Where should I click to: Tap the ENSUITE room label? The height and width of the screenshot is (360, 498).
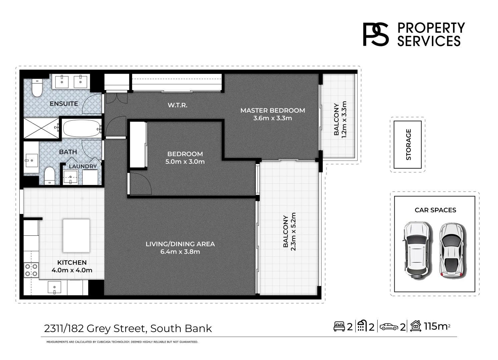click(64, 104)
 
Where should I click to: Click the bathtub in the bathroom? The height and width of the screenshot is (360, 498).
click(82, 128)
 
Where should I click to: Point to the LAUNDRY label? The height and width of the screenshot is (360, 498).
click(83, 166)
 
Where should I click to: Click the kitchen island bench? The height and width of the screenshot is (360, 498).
click(76, 235)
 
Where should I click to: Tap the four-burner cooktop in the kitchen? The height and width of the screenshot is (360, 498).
click(31, 270)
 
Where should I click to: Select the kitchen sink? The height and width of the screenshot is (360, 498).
click(54, 287)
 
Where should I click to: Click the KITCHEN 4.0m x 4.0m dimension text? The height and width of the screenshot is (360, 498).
click(72, 266)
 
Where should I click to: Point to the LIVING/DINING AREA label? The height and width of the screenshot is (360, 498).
click(180, 248)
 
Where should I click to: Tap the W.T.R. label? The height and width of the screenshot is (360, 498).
click(177, 105)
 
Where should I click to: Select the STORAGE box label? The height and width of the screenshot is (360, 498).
click(408, 145)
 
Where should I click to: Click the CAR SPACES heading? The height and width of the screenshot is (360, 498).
click(435, 210)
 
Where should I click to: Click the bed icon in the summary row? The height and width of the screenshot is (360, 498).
click(339, 326)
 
